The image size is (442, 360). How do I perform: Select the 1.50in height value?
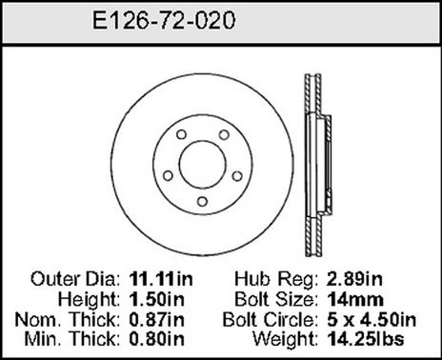pyautogui.click(x=151, y=299)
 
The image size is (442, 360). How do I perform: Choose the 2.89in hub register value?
pyautogui.click(x=354, y=281)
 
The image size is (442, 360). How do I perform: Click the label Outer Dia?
pyautogui.click(x=75, y=281)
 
